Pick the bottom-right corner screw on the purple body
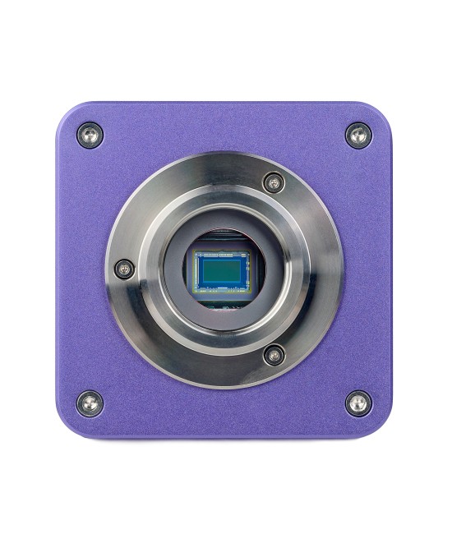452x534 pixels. click(x=357, y=403)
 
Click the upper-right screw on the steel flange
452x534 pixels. click(x=274, y=182)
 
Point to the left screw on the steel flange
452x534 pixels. click(x=124, y=268)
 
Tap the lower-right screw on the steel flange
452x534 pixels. click(x=274, y=354)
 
